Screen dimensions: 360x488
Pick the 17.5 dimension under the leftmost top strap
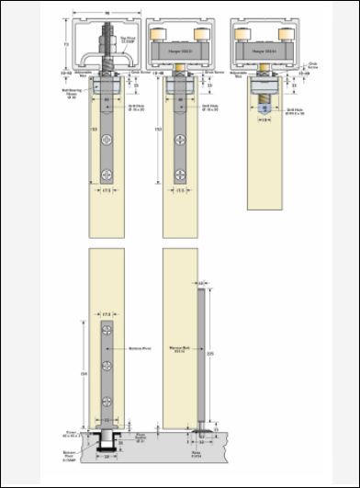[107, 191]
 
